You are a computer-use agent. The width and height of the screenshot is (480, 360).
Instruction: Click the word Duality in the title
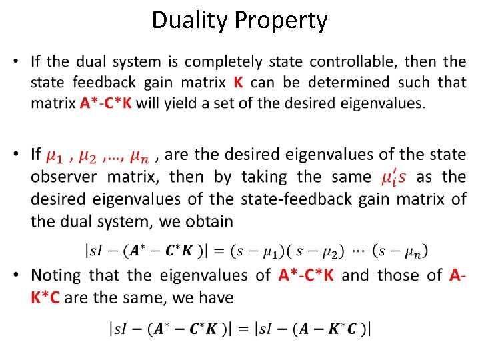coord(189,21)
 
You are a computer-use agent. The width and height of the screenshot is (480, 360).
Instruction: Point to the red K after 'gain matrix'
coord(239,83)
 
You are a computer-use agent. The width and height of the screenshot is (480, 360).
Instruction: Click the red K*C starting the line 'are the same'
coord(45,297)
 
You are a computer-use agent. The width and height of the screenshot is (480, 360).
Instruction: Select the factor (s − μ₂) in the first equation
coord(321,251)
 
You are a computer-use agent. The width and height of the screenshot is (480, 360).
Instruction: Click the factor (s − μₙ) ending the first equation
coord(401,251)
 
